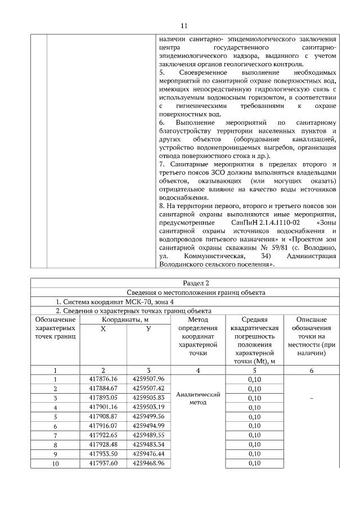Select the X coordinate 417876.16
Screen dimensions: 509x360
103,379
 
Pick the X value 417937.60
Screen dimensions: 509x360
103,463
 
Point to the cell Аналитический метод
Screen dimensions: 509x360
197,398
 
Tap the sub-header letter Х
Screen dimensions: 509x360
103,328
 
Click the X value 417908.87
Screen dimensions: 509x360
103,416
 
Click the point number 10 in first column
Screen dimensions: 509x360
55,463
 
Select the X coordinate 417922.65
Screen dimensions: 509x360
103,435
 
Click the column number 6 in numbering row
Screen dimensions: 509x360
311,370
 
